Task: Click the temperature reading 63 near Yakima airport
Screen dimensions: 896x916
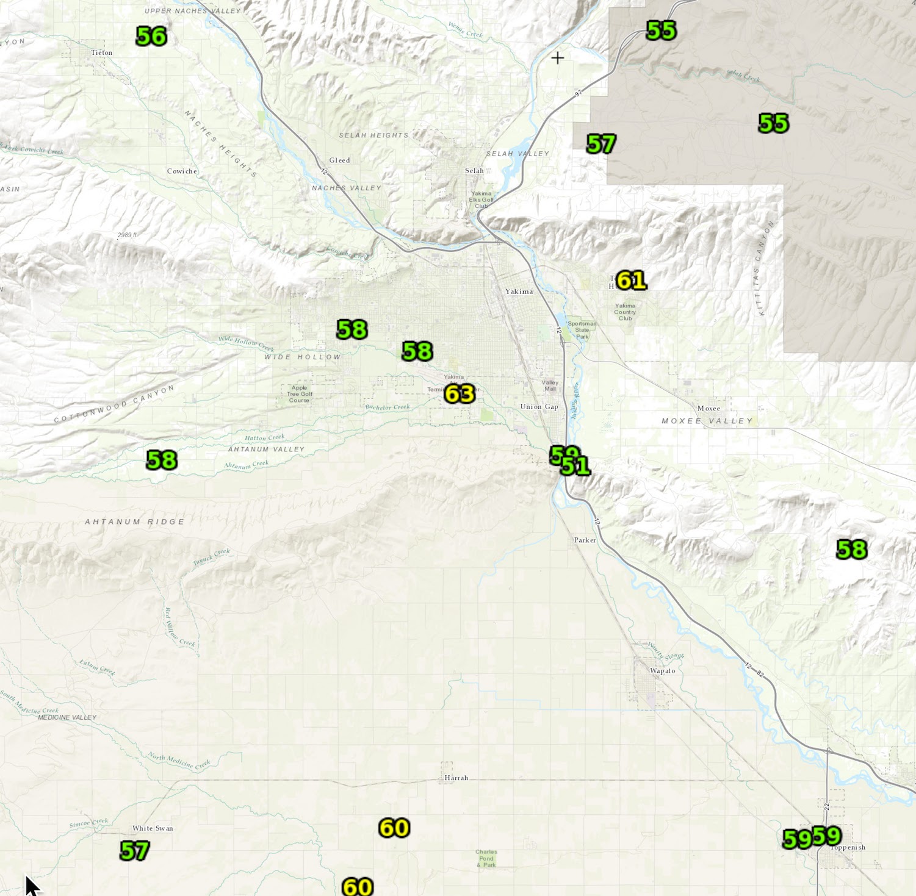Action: [460, 394]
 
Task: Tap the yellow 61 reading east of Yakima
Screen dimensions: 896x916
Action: [631, 281]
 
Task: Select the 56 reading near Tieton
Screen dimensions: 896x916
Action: [151, 37]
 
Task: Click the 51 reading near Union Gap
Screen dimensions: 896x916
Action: [576, 467]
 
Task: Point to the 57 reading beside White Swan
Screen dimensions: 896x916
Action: [135, 850]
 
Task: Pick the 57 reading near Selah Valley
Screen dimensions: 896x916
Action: [601, 145]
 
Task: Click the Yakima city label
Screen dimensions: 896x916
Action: [519, 292]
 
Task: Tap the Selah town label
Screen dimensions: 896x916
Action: [474, 171]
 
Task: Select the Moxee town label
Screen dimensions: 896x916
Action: [709, 408]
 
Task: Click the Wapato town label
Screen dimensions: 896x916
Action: [662, 671]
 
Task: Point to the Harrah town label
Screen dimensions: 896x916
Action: [456, 778]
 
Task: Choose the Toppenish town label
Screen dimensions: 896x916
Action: [849, 848]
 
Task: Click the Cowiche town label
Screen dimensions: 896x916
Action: [182, 171]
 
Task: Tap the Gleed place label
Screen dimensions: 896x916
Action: [339, 160]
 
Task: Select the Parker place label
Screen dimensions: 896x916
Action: [585, 540]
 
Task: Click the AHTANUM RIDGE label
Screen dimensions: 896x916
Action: [134, 522]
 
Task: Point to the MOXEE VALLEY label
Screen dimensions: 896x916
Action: [707, 421]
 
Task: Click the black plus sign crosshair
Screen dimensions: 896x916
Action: [557, 58]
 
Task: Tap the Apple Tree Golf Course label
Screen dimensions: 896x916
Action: [299, 394]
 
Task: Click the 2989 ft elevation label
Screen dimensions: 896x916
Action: [128, 235]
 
